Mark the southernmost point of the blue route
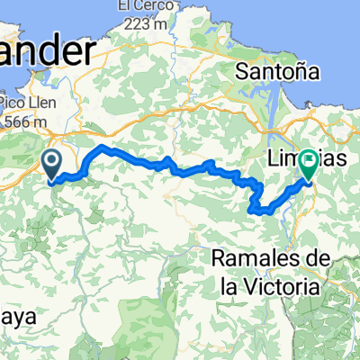coord(264,212)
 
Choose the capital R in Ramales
coord(218,258)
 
